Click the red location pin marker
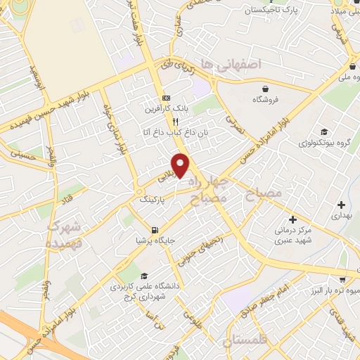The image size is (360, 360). point(181,165)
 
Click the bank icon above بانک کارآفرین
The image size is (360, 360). point(166,98)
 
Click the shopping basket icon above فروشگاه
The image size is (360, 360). point(265,89)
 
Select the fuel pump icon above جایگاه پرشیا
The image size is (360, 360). point(155,229)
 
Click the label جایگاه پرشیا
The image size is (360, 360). point(155,241)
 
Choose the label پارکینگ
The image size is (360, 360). point(154,200)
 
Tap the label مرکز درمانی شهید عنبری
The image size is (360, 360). point(292,236)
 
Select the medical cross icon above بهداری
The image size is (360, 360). point(342,205)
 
